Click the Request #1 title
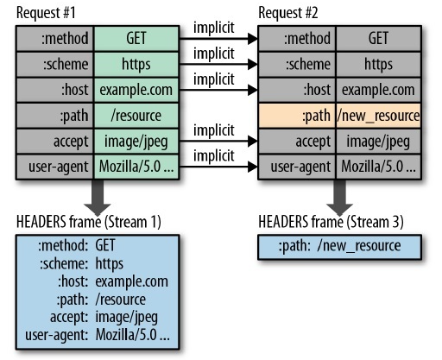coord(46,13)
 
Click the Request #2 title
coord(288,13)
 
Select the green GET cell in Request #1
coord(136,39)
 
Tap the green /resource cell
coord(136,116)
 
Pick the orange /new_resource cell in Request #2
coord(378,116)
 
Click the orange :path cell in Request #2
coord(297,116)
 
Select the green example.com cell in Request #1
coord(136,90)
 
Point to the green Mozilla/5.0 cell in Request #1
coord(136,167)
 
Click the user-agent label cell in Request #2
coord(297,167)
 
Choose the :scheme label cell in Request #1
coord(55,65)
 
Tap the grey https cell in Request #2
coord(378,65)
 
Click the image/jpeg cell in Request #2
coord(378,142)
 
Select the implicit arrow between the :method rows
coord(218,38)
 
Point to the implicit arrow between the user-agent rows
coord(218,167)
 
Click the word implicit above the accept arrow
coord(214,131)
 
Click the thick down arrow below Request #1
coord(98,197)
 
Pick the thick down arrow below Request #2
coord(340,197)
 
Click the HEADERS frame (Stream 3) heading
coord(331,222)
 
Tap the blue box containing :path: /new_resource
coord(340,247)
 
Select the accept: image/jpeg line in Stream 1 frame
coord(104,318)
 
